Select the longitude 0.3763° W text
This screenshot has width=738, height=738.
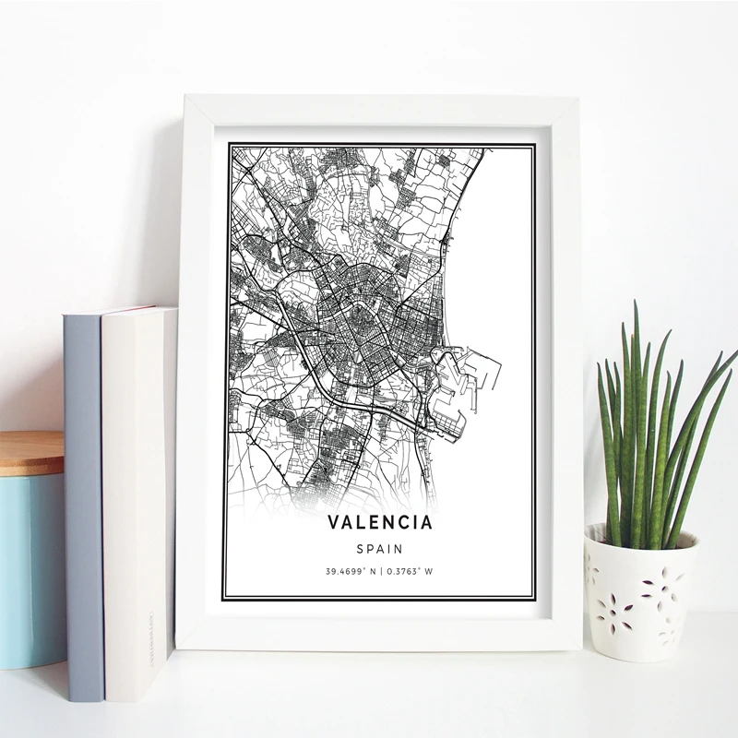411,571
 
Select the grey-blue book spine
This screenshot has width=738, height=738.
81,498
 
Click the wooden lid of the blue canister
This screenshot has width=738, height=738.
31,451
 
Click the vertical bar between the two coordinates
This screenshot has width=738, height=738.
381,571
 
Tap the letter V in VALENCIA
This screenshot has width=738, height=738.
333,523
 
